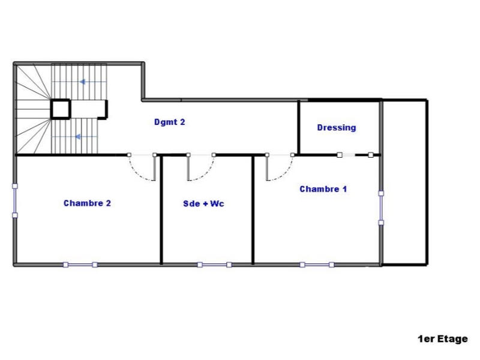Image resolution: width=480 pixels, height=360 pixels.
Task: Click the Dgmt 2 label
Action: tap(169, 122)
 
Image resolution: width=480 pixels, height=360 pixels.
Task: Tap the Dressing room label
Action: tap(336, 127)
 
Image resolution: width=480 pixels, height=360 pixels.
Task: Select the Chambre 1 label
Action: tap(323, 189)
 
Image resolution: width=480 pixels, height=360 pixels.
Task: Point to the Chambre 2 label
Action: tap(87, 203)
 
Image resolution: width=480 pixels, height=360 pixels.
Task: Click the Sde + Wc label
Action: tap(203, 203)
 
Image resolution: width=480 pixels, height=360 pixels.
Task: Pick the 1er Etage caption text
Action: tap(443, 339)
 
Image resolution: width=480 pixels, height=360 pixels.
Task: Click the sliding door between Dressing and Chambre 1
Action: tap(355, 155)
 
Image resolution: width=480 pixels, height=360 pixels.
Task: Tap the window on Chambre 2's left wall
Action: tap(15, 200)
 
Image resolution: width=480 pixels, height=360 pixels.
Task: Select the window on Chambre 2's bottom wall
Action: tap(80, 264)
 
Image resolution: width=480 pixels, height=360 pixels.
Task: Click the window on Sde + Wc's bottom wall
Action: tap(214, 264)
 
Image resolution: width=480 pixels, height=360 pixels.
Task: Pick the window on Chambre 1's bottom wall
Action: tap(317, 264)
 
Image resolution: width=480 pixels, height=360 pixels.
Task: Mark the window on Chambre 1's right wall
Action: tap(380, 208)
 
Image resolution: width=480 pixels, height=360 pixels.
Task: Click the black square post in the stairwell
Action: tap(61, 109)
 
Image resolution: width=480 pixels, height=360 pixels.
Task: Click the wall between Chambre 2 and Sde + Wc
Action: tap(161, 210)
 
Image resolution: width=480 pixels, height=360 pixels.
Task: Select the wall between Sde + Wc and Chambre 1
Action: tap(253, 210)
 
